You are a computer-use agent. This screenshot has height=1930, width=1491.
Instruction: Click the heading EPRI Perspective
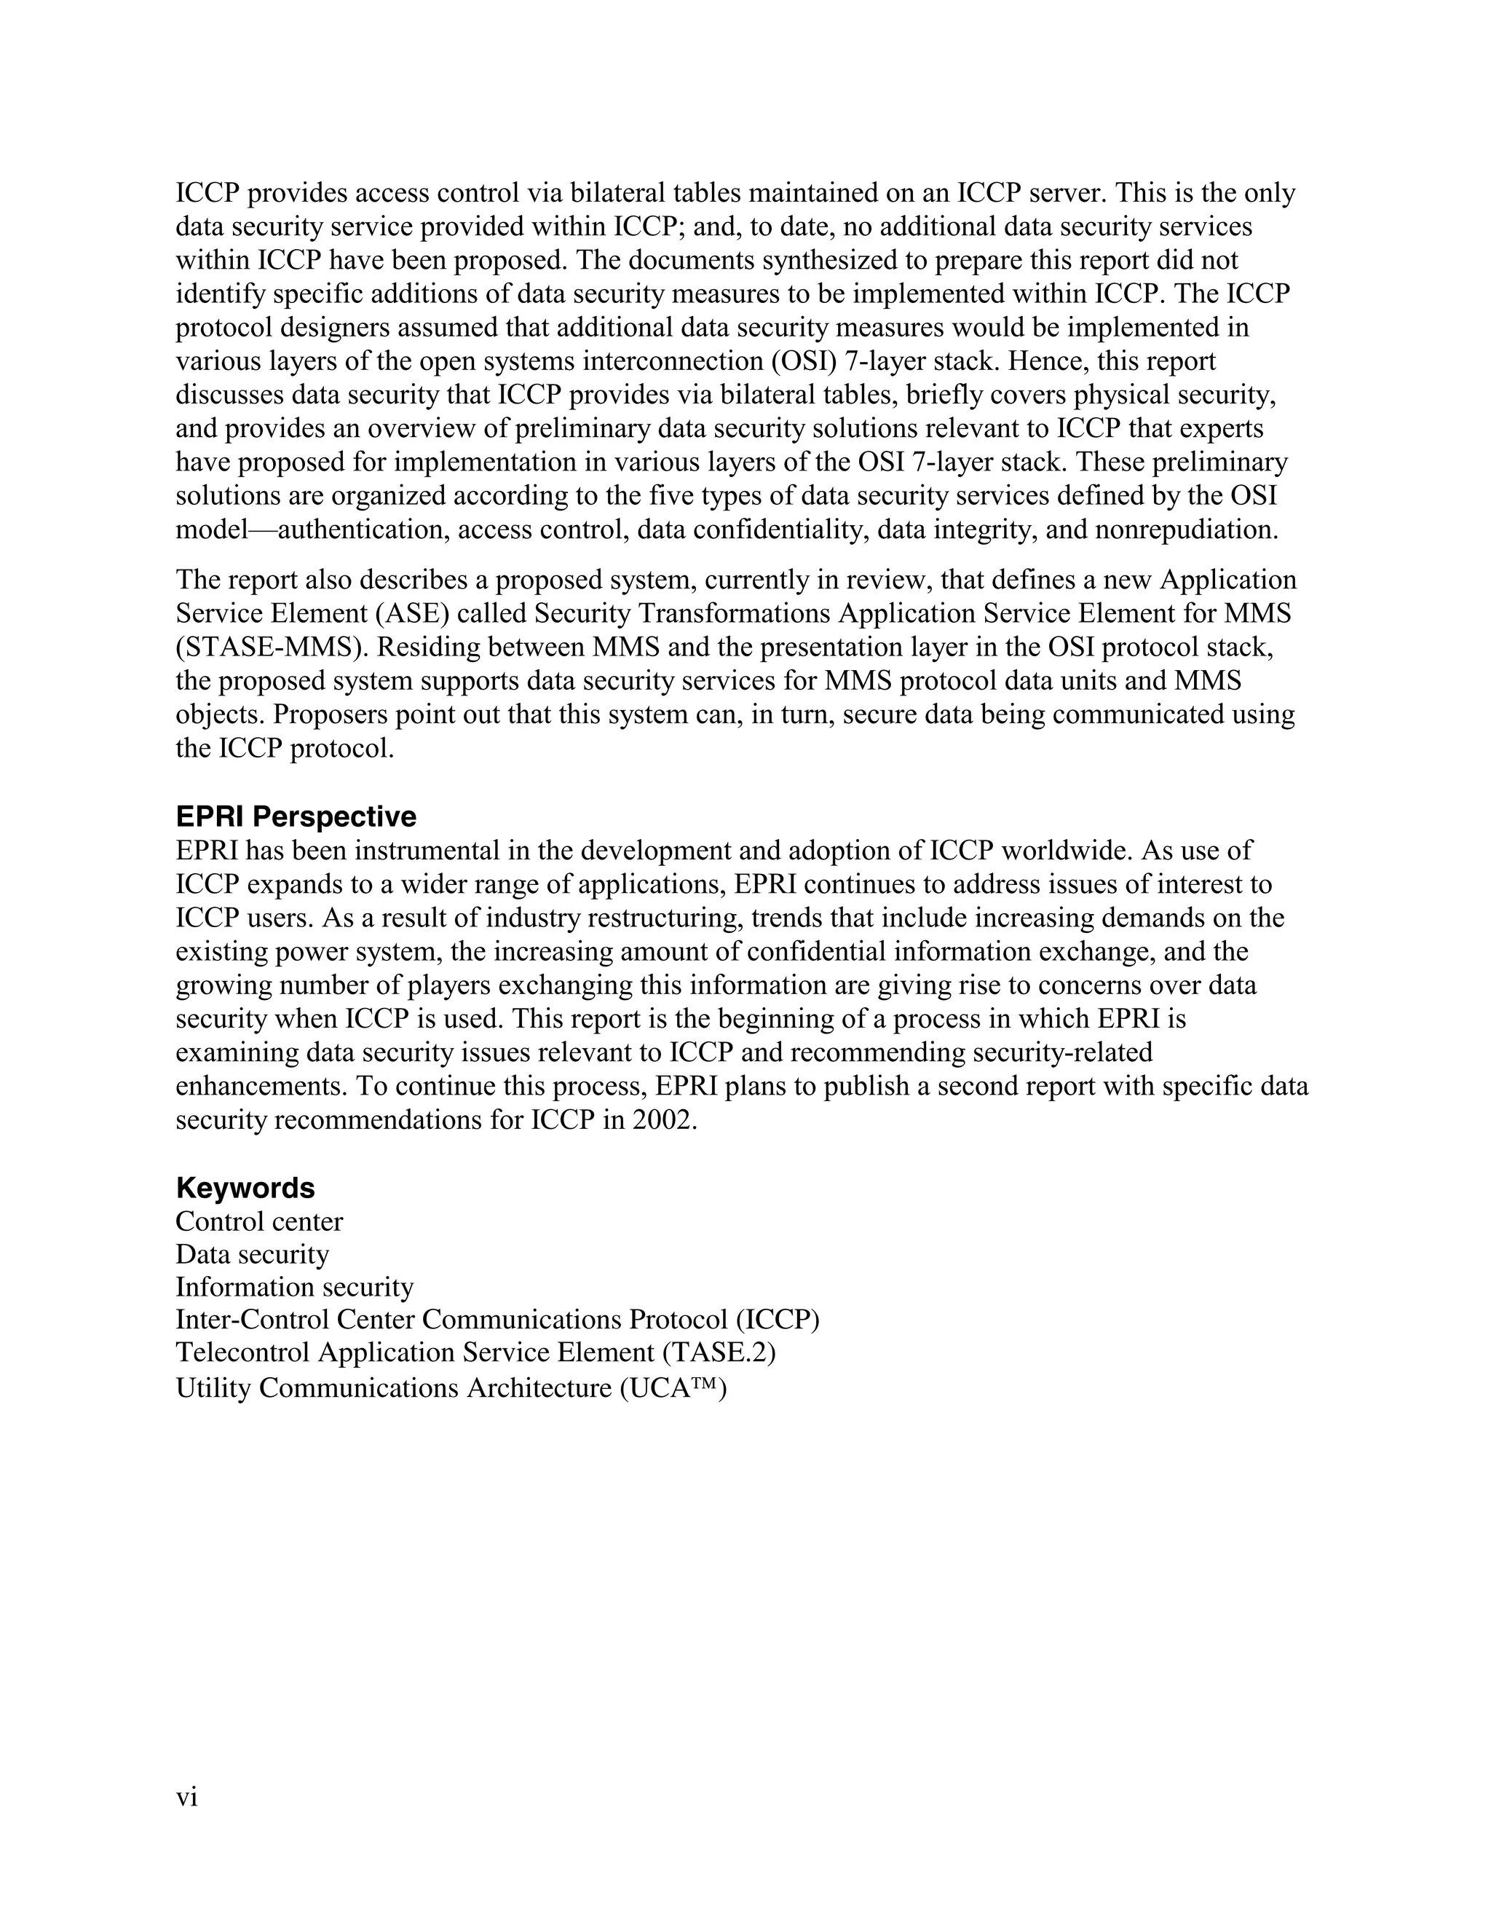coord(296,816)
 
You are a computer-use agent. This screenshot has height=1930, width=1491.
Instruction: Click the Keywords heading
coord(245,1187)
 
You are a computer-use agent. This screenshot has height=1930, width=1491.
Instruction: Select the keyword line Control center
coord(258,1221)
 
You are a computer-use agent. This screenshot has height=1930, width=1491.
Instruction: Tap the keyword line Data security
coord(252,1254)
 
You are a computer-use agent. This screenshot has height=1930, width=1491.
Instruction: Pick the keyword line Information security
coord(294,1287)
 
